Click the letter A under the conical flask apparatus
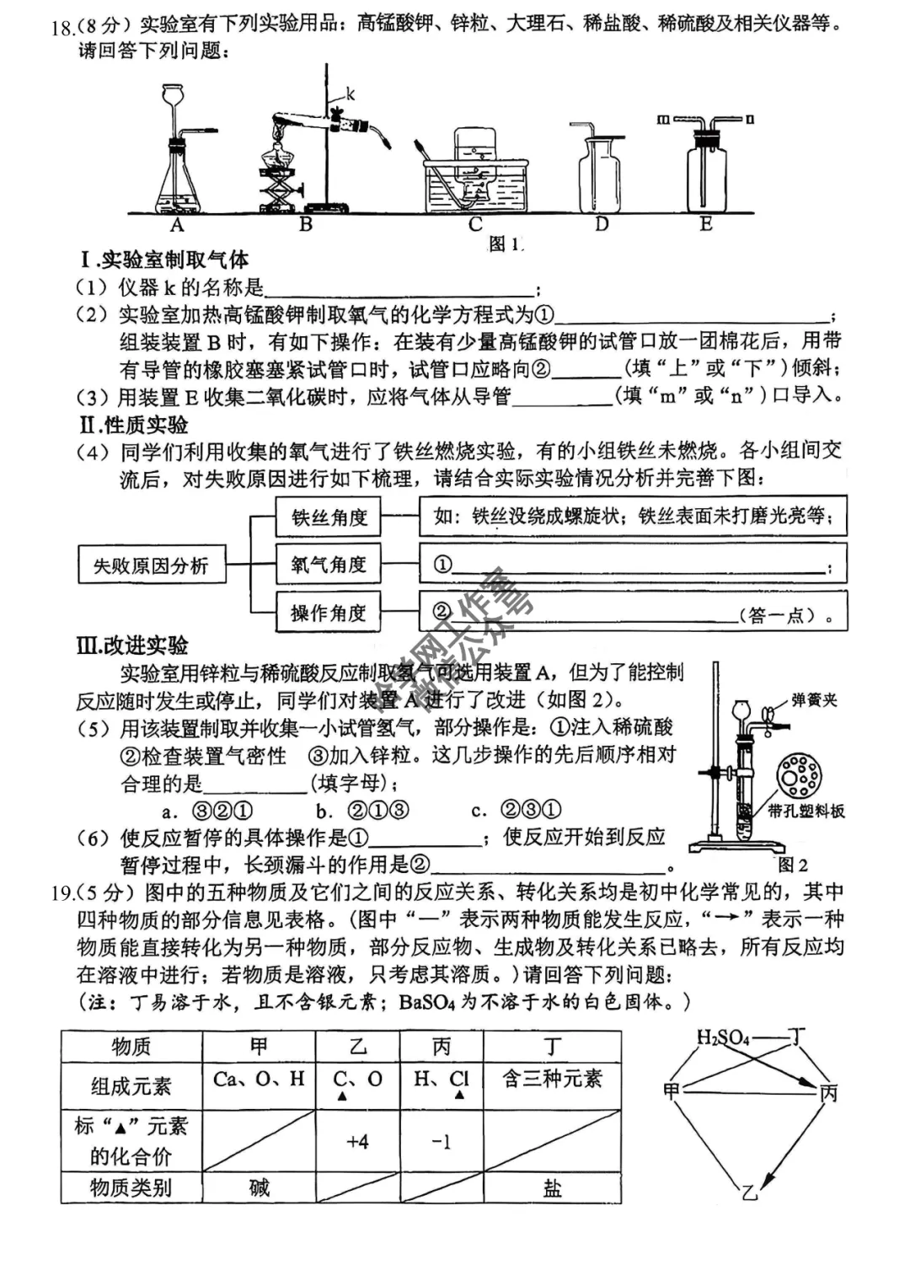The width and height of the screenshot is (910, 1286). (x=177, y=225)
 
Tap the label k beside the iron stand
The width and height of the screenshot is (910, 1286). (x=351, y=94)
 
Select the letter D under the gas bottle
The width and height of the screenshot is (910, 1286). (x=601, y=225)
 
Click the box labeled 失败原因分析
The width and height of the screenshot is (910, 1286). (x=151, y=565)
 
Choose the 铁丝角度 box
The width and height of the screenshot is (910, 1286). (x=329, y=517)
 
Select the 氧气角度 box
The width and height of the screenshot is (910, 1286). (x=329, y=565)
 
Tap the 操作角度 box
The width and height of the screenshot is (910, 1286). (x=329, y=613)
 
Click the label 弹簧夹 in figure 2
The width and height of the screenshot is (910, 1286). (x=814, y=700)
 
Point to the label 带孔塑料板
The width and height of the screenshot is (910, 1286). (x=806, y=812)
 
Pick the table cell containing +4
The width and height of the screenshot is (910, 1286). (x=357, y=1142)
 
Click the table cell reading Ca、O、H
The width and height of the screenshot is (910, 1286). (x=259, y=1080)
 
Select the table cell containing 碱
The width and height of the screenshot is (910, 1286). (x=259, y=1187)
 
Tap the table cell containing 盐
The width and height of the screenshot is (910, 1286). (x=552, y=1187)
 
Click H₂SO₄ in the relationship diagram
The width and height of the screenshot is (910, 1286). (x=723, y=1037)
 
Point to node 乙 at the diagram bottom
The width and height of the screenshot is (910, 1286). (x=749, y=1192)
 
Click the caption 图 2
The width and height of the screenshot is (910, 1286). (x=792, y=865)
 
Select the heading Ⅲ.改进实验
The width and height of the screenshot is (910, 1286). (x=132, y=646)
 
